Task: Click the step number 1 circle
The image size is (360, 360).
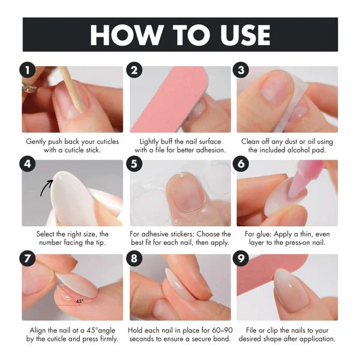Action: click(28, 70)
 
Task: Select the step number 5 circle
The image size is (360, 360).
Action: click(134, 164)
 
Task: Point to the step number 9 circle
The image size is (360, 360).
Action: click(241, 258)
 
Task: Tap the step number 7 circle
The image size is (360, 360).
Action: click(28, 258)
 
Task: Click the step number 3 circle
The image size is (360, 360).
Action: click(241, 70)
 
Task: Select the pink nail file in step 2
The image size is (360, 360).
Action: click(169, 99)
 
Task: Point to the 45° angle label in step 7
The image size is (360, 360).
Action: click(79, 301)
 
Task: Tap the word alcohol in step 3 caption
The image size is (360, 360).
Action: click(299, 150)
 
